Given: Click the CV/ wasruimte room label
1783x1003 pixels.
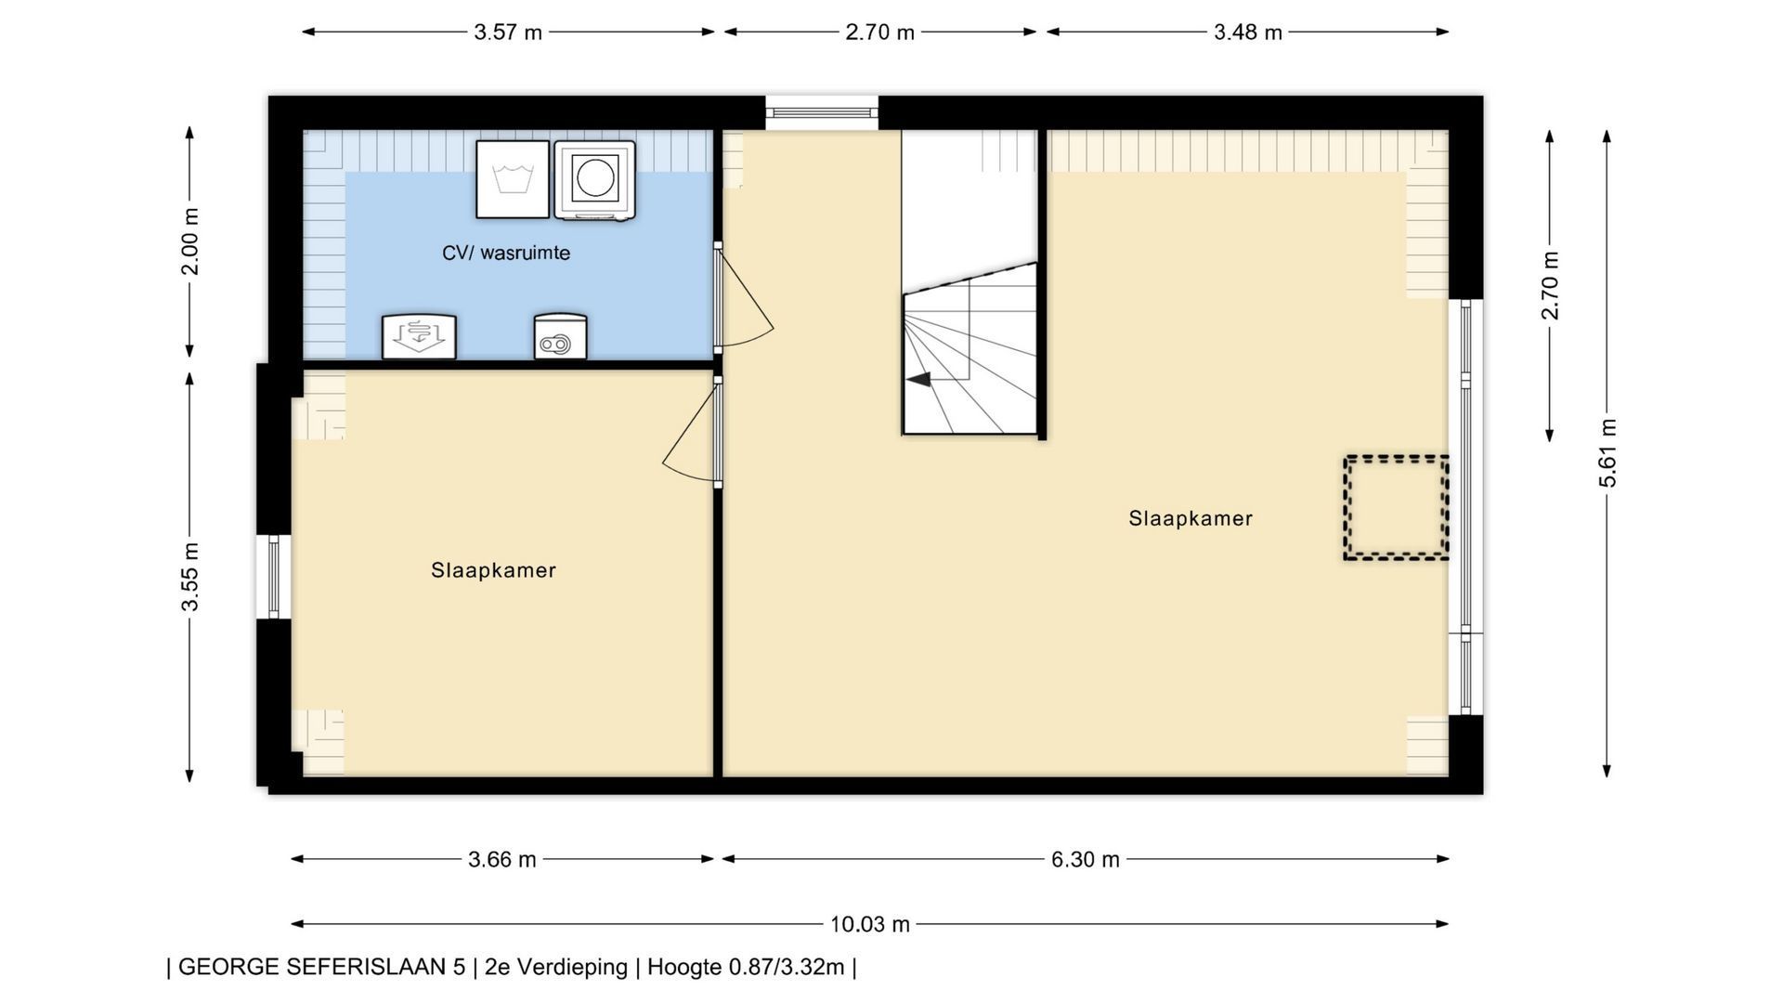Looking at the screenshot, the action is click(506, 253).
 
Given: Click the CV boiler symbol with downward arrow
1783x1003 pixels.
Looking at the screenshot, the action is click(419, 336).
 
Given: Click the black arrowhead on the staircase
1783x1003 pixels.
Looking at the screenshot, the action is click(918, 380).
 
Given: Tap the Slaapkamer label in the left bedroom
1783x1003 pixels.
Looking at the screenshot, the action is click(493, 570).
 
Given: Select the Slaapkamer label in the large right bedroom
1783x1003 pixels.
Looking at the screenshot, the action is click(1191, 518).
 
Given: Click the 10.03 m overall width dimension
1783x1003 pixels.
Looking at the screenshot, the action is click(870, 924).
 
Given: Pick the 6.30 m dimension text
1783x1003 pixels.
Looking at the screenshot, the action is click(1086, 859).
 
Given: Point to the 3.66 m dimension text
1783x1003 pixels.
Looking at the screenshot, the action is click(502, 859).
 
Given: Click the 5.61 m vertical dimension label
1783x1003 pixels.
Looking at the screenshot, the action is click(1607, 453).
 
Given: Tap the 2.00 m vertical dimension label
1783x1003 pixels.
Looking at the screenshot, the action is click(189, 241).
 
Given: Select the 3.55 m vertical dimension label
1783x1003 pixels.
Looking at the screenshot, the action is click(189, 577).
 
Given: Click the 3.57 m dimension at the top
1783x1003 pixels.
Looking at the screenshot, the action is click(508, 32).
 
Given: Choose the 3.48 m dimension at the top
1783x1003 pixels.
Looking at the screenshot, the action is click(1248, 32).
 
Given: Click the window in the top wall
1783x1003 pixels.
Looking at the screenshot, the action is click(822, 112).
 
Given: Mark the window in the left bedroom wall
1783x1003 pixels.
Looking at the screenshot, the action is click(273, 577).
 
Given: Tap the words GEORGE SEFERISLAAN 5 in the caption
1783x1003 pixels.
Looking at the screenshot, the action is click(321, 967).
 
